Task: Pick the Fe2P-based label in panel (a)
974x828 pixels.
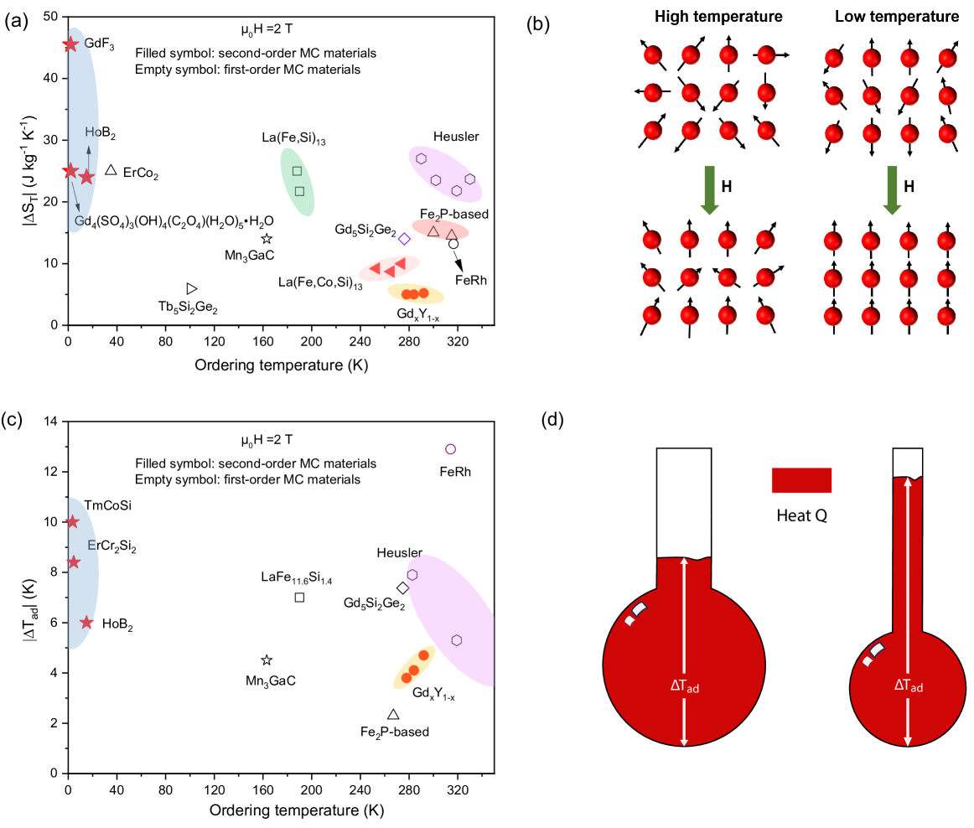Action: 453,215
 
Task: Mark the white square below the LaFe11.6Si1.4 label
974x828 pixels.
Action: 299,598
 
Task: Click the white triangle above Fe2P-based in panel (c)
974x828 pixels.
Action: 393,714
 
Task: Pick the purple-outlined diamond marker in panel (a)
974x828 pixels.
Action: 404,239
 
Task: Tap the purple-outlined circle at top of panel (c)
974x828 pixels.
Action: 450,449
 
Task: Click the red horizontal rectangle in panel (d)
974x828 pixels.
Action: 801,480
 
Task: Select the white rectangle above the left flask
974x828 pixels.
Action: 684,483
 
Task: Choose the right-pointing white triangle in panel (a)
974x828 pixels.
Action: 191,288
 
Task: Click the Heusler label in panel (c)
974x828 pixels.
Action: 399,551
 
